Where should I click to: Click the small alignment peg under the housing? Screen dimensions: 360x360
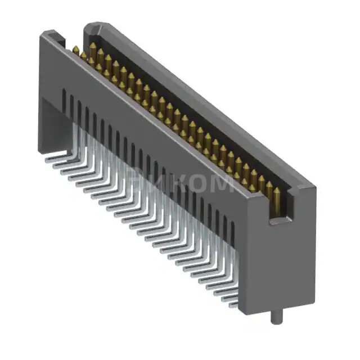pos(274,317)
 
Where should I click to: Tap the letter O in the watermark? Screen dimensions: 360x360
pos(193,183)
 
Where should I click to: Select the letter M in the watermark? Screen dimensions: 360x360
pos(220,183)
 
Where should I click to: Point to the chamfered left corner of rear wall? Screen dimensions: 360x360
pos(89,26)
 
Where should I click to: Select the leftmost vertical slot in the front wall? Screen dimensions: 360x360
pos(64,101)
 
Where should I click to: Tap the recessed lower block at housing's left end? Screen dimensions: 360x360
pos(51,124)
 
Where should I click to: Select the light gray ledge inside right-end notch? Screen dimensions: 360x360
pos(281,219)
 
